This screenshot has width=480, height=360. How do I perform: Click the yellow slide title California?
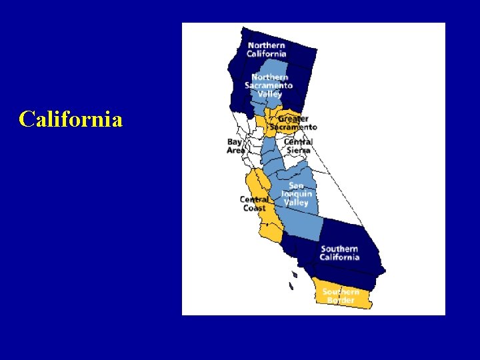click(x=71, y=119)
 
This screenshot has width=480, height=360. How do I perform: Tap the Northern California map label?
click(x=267, y=50)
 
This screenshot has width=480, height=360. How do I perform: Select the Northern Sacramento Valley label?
click(x=269, y=85)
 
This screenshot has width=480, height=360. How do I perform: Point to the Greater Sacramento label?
click(x=293, y=123)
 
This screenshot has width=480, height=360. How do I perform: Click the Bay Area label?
click(x=236, y=146)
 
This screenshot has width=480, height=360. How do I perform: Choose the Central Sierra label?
click(x=298, y=146)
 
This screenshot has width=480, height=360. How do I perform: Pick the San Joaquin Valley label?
click(x=296, y=194)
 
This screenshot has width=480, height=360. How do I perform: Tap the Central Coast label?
click(x=254, y=204)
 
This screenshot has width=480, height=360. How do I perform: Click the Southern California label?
click(x=339, y=253)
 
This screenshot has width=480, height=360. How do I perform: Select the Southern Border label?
click(x=341, y=296)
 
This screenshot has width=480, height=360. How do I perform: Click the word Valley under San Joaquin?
click(x=296, y=203)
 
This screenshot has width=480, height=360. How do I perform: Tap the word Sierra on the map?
click(x=298, y=151)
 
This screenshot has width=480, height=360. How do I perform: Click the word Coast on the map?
click(x=254, y=209)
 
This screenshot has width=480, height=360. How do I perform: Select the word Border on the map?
click(x=341, y=301)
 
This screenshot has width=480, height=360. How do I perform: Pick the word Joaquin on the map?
click(x=296, y=194)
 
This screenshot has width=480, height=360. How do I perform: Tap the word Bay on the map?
click(x=235, y=142)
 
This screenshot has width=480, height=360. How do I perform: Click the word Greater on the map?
click(x=293, y=119)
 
